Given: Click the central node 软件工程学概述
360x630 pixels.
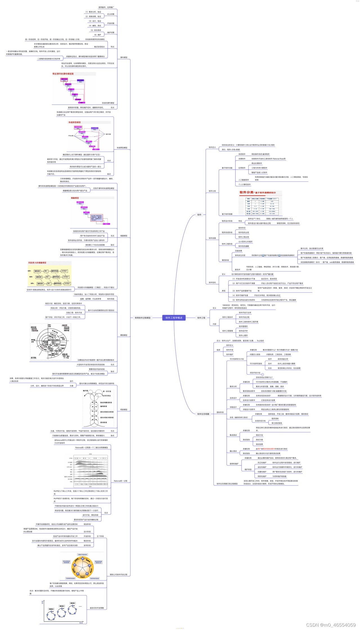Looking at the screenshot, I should tap(174, 318).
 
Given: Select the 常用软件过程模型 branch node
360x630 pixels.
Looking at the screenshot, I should tap(143, 318).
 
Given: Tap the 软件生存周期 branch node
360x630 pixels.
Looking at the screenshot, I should tap(203, 414).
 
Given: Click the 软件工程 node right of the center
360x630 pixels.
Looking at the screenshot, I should tap(201, 318).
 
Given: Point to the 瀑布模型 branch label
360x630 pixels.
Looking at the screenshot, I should tap(124, 57).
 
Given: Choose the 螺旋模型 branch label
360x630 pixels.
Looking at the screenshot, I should tap(124, 335).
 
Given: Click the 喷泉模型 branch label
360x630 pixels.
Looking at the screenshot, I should tap(124, 409).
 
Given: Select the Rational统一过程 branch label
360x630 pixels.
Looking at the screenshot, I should tap(120, 481).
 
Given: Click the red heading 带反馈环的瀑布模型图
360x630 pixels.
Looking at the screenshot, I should tap(63, 74).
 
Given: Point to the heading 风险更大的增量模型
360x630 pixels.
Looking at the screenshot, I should tap(37, 263).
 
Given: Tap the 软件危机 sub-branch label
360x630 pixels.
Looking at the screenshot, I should tap(212, 283).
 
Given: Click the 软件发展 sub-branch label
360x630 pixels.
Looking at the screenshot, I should tap(212, 238).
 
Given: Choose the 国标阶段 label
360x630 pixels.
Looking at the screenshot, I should tap(220, 412).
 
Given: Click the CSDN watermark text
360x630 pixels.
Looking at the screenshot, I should tap(331, 625).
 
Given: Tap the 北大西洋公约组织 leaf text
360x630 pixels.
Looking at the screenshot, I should tap(245, 241).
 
